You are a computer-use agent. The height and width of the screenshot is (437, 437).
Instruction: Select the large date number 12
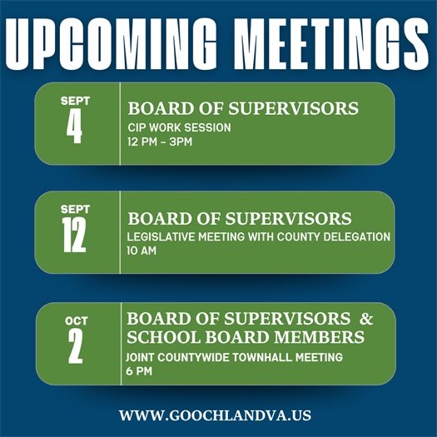pyautogui.click(x=74, y=236)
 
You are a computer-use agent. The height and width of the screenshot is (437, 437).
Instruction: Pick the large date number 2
pyautogui.click(x=76, y=347)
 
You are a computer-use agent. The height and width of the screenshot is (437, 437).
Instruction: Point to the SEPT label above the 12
pyautogui.click(x=74, y=211)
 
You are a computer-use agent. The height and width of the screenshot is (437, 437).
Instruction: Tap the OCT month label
pyautogui.click(x=76, y=320)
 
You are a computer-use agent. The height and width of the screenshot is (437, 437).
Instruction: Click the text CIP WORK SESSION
pyautogui.click(x=179, y=127)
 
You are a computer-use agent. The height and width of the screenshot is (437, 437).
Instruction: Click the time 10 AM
pyautogui.click(x=143, y=251)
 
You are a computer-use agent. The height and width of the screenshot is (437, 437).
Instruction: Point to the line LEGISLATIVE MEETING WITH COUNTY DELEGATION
pyautogui.click(x=258, y=236)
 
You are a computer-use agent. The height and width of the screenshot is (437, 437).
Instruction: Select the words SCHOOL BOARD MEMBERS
pyautogui.click(x=245, y=337)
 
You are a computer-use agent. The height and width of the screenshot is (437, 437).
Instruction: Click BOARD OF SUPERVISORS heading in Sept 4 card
pyautogui.click(x=243, y=108)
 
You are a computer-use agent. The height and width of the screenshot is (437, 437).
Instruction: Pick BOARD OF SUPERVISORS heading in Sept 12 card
pyautogui.click(x=240, y=218)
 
